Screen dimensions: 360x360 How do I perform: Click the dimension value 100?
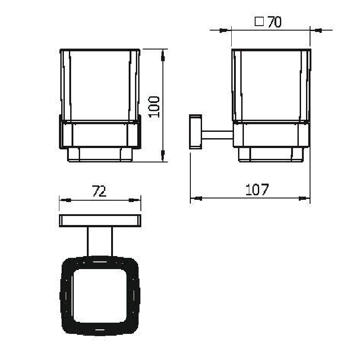[x=154, y=107]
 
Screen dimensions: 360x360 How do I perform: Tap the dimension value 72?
[x=99, y=191]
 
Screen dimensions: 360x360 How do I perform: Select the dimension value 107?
[x=257, y=189]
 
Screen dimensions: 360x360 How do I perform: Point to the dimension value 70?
[x=274, y=22]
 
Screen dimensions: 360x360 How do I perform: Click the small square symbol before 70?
[x=259, y=22]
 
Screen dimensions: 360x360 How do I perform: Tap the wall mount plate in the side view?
[x=195, y=131]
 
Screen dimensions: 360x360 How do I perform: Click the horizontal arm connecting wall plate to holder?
[x=217, y=135]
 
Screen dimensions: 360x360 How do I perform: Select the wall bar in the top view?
[x=100, y=220]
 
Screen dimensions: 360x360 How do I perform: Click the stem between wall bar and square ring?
[x=100, y=242]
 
